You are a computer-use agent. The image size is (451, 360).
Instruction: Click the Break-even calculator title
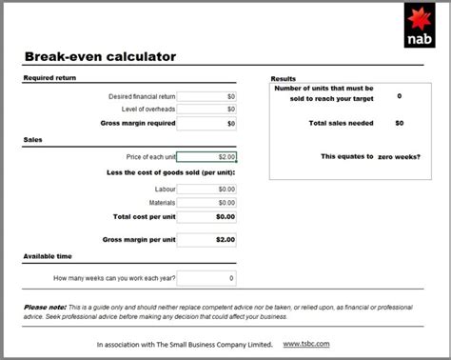coord(100,56)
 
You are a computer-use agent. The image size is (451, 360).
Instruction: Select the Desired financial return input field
coord(206,96)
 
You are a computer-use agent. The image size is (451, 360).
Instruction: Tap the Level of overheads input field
coord(206,110)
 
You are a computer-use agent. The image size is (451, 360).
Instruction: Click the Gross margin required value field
coord(206,124)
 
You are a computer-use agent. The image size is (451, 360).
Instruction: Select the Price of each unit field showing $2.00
coord(206,156)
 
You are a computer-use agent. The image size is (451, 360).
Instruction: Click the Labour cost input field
coord(206,189)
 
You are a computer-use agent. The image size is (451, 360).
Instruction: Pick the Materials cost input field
coord(206,202)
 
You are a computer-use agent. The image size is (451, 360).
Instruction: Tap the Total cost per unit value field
coord(206,217)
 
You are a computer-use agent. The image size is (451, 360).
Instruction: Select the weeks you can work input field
coord(206,278)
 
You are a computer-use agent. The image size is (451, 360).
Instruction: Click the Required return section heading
coord(49,78)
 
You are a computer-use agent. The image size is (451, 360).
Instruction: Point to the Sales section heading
coord(32,139)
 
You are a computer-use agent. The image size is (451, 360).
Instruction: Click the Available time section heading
coord(47,257)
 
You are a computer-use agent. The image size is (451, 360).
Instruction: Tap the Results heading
coord(284,78)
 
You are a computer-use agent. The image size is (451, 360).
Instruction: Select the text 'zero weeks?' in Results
coord(399,156)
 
